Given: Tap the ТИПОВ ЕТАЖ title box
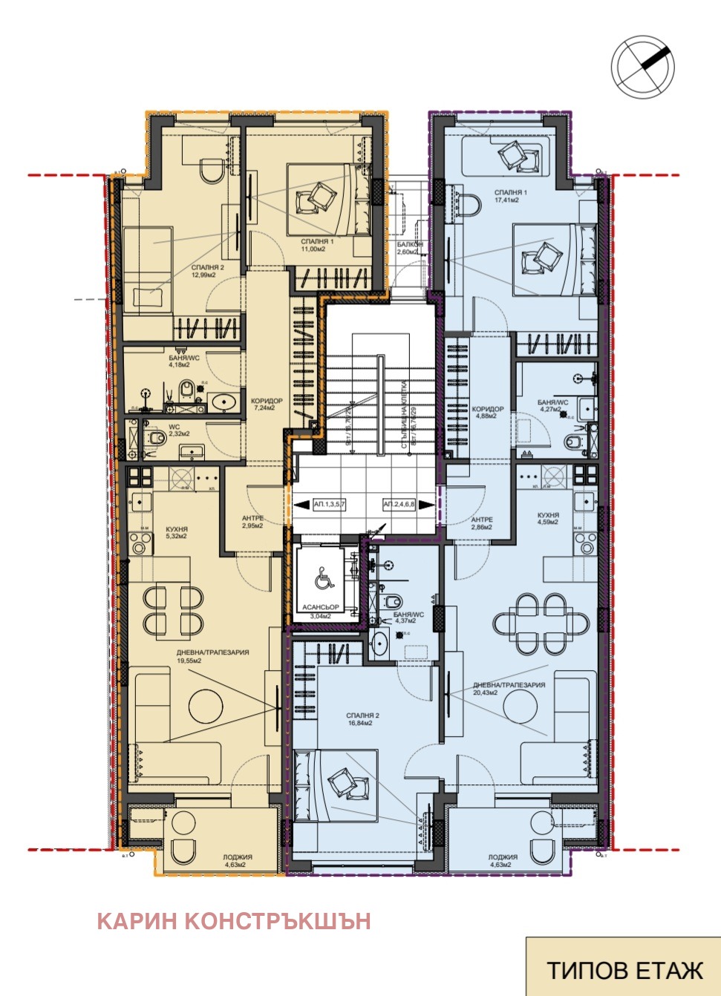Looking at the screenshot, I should [x=624, y=970].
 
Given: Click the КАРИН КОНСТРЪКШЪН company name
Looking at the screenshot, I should [x=234, y=921].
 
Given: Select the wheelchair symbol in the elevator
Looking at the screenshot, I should [x=323, y=577].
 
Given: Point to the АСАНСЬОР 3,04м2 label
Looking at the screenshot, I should [x=321, y=611].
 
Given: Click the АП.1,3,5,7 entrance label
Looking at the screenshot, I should [x=329, y=505].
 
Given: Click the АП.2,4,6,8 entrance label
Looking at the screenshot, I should [x=399, y=505].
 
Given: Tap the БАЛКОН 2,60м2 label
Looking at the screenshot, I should [x=409, y=248].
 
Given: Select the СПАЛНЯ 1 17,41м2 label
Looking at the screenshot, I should [x=511, y=196].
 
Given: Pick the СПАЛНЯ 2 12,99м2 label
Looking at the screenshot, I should [x=207, y=271].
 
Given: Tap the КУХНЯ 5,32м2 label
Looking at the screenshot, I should [x=177, y=531].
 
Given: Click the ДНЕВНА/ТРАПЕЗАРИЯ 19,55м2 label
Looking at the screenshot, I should [x=212, y=656].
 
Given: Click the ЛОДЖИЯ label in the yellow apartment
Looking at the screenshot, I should [x=238, y=860].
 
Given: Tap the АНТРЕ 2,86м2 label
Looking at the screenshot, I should [x=482, y=523].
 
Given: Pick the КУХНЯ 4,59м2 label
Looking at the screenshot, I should [x=548, y=518].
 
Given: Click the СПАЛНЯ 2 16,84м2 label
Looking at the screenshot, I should [x=363, y=719].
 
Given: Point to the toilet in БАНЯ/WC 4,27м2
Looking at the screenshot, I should [x=575, y=443].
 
